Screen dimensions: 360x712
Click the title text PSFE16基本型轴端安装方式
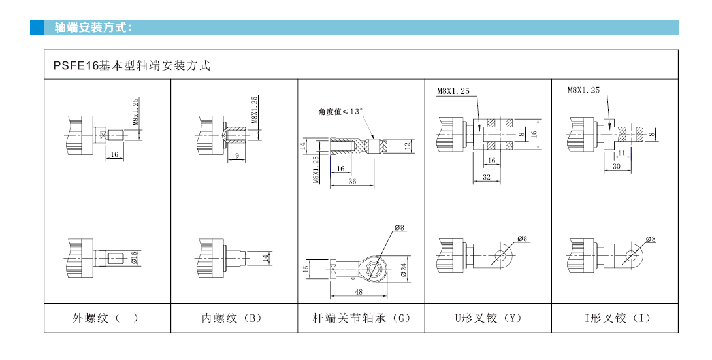[x=131, y=65]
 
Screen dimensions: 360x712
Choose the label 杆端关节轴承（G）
[x=361, y=318]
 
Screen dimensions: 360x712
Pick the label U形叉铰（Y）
[x=488, y=318]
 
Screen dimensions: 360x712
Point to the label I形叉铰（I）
[x=616, y=318]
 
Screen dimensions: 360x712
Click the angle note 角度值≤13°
[x=340, y=111]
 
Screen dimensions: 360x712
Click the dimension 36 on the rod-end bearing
[x=352, y=182]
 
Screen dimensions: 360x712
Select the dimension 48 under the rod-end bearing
[x=359, y=292]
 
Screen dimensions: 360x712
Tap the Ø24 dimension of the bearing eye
[x=404, y=269]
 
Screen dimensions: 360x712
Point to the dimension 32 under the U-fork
[x=486, y=176]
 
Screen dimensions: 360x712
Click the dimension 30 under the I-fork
[x=616, y=167]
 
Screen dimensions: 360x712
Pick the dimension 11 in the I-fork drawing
[x=623, y=152]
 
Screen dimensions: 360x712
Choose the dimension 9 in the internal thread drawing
[x=236, y=155]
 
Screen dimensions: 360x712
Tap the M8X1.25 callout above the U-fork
[x=453, y=91]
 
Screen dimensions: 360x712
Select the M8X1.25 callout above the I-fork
[x=583, y=90]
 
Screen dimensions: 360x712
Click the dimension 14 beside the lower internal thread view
[x=266, y=257]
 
